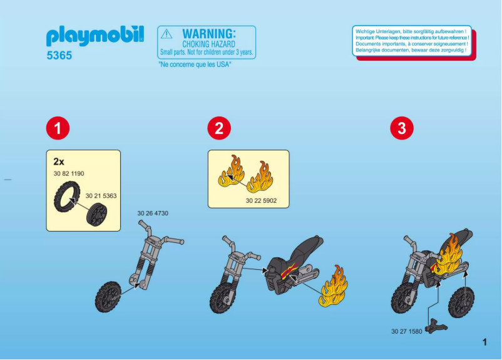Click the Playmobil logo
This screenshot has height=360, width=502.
click(x=95, y=36)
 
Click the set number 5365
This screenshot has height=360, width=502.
click(x=59, y=56)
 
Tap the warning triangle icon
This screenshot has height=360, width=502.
click(x=166, y=34)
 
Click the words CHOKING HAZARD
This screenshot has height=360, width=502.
click(x=208, y=44)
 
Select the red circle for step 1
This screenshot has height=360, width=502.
click(x=57, y=128)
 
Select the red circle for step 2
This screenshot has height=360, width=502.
click(x=218, y=128)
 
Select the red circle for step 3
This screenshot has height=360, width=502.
click(x=401, y=128)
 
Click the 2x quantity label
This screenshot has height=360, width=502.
click(x=59, y=161)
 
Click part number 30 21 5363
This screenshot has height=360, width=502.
click(x=101, y=196)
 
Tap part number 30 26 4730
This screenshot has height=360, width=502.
click(x=153, y=213)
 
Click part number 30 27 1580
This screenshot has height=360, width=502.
click(x=406, y=331)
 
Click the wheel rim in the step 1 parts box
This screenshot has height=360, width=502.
click(x=96, y=215)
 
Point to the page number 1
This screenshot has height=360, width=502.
click(x=484, y=342)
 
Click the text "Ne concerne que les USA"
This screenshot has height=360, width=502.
click(x=195, y=64)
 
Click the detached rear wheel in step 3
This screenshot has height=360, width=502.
click(x=461, y=302)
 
